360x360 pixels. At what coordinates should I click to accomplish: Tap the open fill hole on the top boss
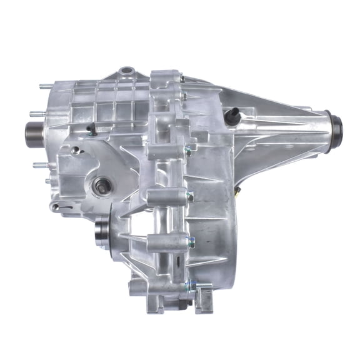(126, 71)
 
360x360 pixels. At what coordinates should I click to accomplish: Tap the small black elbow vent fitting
(91, 130)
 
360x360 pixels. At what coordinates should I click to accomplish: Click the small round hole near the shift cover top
(76, 150)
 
